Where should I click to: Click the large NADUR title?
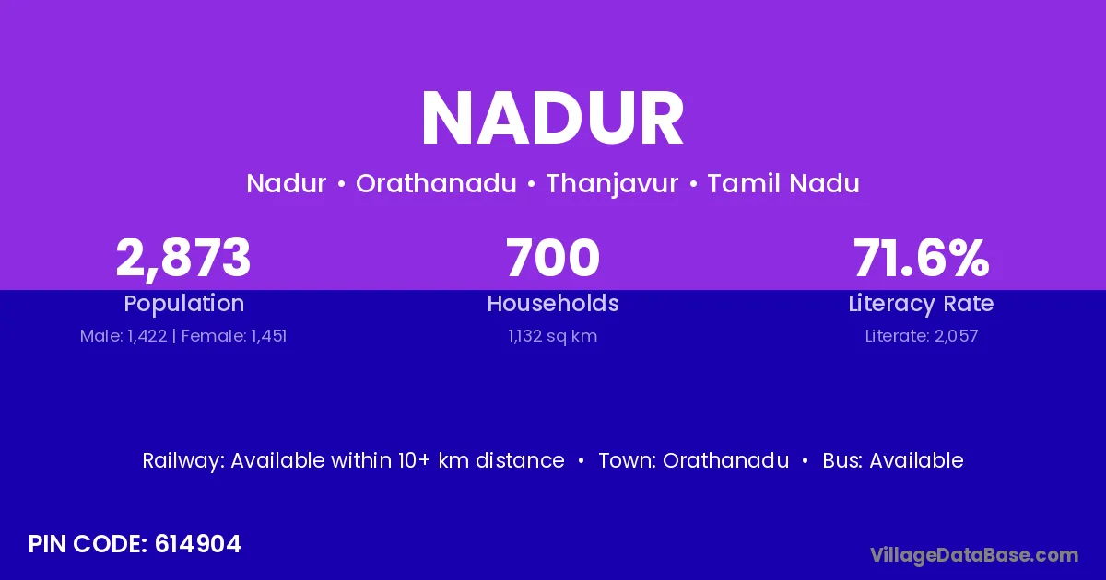552,119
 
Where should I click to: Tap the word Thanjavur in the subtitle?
612,184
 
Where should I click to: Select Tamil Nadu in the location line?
783,183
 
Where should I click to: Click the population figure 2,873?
183,259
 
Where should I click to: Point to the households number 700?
553,258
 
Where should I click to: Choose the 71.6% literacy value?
922,258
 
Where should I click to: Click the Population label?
184,304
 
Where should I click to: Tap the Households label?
553,303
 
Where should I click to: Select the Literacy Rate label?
921,304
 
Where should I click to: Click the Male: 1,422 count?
124,336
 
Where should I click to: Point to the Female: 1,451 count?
234,336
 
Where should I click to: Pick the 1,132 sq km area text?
553,336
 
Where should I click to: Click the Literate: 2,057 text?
922,336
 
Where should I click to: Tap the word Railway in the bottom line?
183,461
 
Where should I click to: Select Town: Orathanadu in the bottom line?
694,460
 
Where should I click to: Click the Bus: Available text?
893,460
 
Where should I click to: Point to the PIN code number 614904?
197,544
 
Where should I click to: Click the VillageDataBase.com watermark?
974,555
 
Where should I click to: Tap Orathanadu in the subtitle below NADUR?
436,183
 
